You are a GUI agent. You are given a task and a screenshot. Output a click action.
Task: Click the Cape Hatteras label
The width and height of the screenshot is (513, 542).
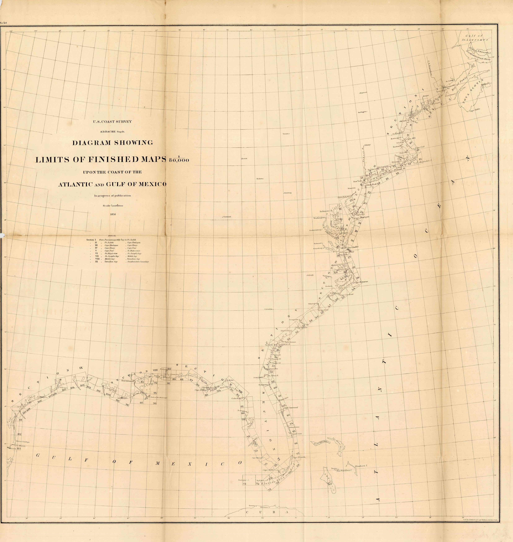click(x=362, y=281)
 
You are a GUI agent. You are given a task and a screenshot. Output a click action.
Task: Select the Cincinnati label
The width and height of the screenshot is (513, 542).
click(x=227, y=217)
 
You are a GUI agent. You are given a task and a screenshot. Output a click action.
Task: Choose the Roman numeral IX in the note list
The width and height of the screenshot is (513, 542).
click(x=96, y=261)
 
